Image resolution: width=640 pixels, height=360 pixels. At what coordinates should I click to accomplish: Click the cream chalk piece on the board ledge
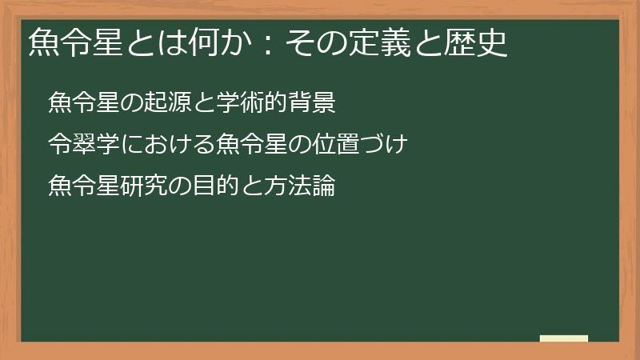[x=563, y=338]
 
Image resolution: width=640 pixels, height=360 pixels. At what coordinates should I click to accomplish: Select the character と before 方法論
[x=241, y=186]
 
